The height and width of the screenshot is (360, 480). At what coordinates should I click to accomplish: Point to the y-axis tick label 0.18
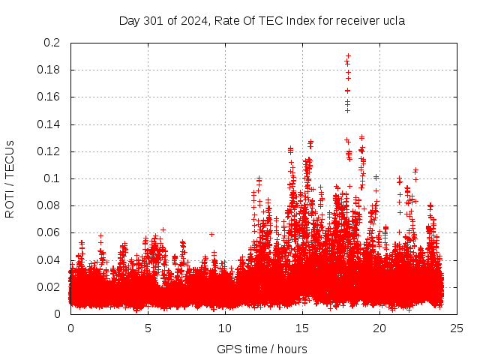[50, 70]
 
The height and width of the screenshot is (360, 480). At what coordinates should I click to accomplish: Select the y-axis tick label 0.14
[50, 124]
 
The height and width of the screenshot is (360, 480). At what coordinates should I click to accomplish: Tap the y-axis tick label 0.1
[53, 178]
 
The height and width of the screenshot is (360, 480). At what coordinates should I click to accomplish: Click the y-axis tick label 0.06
[50, 232]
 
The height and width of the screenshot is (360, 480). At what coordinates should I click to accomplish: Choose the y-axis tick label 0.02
[50, 287]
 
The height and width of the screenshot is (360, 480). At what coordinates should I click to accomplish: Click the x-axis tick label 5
[148, 328]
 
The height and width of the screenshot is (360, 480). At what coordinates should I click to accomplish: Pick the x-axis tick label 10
[225, 328]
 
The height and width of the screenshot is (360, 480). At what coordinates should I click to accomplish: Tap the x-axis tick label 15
[302, 328]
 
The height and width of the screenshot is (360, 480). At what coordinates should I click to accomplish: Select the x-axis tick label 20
[379, 328]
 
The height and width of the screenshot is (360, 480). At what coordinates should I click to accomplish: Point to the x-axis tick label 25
[457, 328]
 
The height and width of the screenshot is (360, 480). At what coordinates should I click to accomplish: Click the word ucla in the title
[393, 21]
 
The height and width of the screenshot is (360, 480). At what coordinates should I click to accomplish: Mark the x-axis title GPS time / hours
[262, 349]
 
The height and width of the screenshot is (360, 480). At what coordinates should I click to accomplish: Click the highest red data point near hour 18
[348, 55]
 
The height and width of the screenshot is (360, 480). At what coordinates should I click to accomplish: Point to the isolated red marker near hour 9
[211, 233]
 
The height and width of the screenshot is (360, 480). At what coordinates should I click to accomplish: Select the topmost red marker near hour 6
[163, 229]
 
